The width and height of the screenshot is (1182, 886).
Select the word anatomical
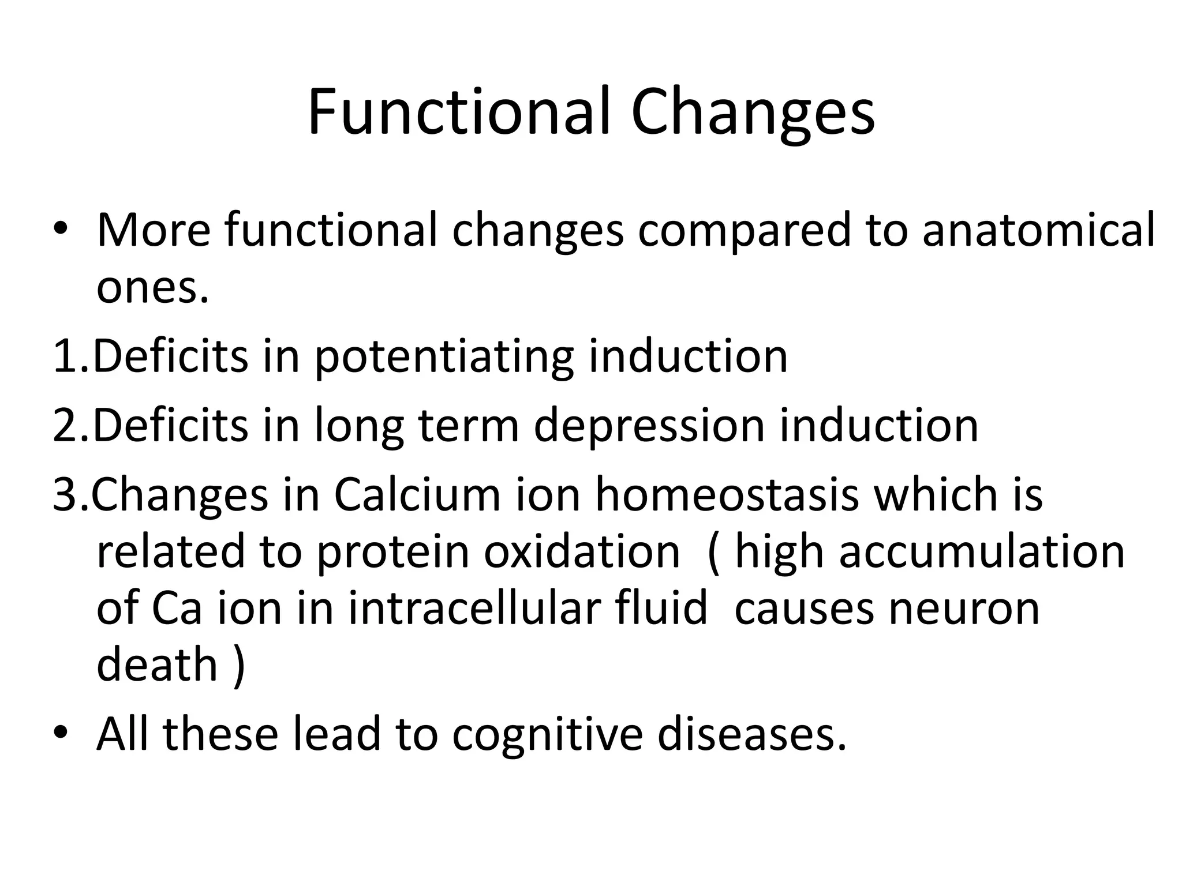[1039, 230]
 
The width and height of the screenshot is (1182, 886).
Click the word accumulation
[982, 552]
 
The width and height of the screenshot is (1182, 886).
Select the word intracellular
[528, 608]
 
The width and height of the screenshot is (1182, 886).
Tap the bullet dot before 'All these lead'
[60, 734]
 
